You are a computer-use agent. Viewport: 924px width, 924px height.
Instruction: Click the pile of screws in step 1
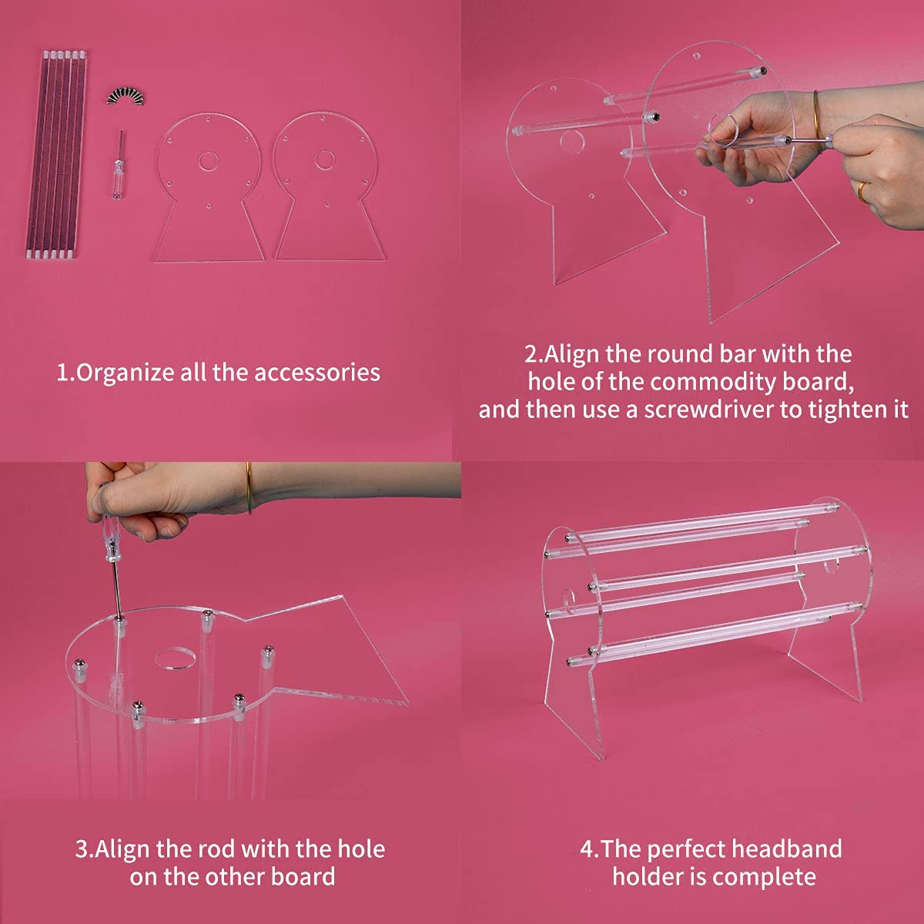tap(126, 96)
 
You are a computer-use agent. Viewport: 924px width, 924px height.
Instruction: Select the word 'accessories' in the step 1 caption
tap(317, 373)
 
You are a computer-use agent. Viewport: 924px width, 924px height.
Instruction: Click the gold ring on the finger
tap(862, 192)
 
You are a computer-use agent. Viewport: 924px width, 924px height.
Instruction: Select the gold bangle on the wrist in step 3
tap(249, 488)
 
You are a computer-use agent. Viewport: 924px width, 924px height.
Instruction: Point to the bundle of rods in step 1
tap(56, 155)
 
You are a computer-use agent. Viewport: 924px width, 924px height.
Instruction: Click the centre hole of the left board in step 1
tap(207, 161)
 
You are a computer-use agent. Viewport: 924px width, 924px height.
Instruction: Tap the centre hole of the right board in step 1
tap(324, 159)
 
